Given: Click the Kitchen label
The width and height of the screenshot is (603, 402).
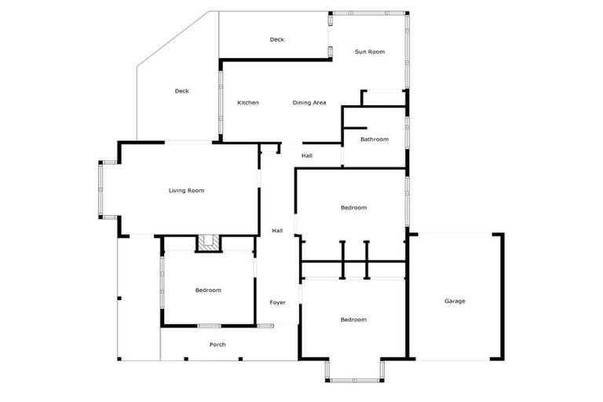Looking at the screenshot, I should pyautogui.click(x=248, y=103).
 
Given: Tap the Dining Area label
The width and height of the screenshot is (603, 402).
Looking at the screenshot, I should pyautogui.click(x=309, y=103).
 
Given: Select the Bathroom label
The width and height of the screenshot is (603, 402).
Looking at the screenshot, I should pyautogui.click(x=375, y=140).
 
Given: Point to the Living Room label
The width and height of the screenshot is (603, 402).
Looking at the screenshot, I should pyautogui.click(x=186, y=190).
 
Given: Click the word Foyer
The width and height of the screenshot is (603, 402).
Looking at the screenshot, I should pyautogui.click(x=278, y=302).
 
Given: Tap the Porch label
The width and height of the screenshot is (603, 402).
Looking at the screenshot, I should pyautogui.click(x=217, y=345).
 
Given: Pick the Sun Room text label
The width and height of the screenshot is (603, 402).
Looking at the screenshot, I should pyautogui.click(x=369, y=52).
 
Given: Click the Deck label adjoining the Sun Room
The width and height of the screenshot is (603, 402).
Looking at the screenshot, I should pyautogui.click(x=276, y=39).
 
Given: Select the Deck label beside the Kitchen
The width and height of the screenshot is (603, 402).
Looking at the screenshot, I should pyautogui.click(x=181, y=91).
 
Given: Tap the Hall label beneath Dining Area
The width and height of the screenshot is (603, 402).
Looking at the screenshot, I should pyautogui.click(x=307, y=155).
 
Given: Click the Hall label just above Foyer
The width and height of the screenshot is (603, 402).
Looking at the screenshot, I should pyautogui.click(x=277, y=231).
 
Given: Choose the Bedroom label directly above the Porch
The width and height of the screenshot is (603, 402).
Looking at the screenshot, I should pyautogui.click(x=208, y=291).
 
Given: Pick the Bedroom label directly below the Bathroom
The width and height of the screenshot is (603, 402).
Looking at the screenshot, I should pyautogui.click(x=353, y=207).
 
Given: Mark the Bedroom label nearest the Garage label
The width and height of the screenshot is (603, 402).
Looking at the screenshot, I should pyautogui.click(x=353, y=320).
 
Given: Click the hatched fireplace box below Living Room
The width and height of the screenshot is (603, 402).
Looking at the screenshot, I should pyautogui.click(x=208, y=243).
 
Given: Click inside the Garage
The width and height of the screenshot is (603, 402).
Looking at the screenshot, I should pyautogui.click(x=455, y=314).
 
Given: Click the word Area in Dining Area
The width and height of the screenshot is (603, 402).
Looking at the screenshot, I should pyautogui.click(x=320, y=103).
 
